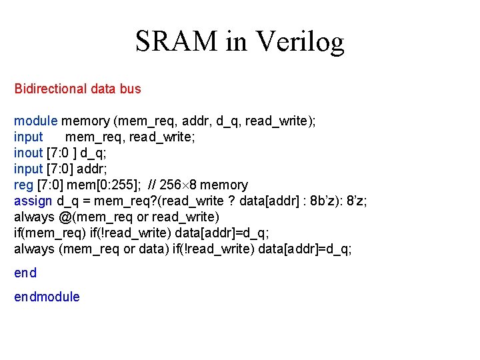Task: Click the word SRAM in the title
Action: pyautogui.click(x=175, y=42)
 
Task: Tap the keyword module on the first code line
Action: pyautogui.click(x=36, y=121)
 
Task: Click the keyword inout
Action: pyautogui.click(x=29, y=153)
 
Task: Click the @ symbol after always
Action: pyautogui.click(x=64, y=217)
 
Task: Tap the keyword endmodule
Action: pyautogui.click(x=47, y=297)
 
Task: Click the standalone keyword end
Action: pyautogui.click(x=25, y=273)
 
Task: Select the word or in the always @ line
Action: pyautogui.click(x=143, y=217)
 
